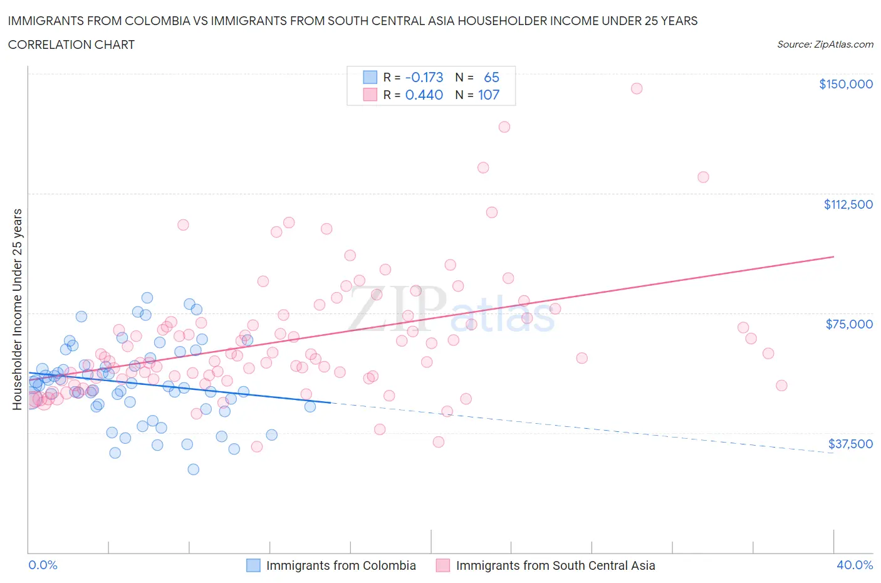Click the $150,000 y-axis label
pos(845,84)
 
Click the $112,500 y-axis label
pos(848,204)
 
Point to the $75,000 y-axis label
pos(849,324)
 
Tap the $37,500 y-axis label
pos(850,444)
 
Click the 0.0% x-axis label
pos(43,565)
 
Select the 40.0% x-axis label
pos(855,565)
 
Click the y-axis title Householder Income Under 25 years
pos(17,309)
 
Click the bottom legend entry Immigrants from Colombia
pos(340,565)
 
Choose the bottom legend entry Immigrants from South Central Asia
pos(555,565)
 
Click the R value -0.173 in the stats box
pos(424,77)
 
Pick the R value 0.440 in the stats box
pos(424,95)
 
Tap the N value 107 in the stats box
pos(489,95)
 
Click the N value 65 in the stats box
pos(491,77)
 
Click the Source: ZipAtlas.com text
pos(825,45)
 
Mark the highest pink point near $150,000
pos(637,88)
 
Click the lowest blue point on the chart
pos(194,469)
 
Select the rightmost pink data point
pos(781,386)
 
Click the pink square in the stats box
pos(370,95)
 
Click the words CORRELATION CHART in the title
pos(71,45)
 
